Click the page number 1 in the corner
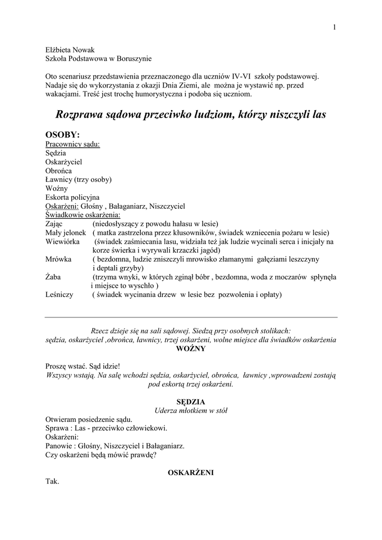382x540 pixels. [x=335, y=27]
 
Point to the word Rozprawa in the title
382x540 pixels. [x=82, y=114]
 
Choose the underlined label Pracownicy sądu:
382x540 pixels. [x=73, y=143]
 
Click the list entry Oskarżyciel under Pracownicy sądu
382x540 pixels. [x=64, y=162]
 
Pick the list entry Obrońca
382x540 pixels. [x=59, y=171]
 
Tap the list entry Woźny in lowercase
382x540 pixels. [x=56, y=188]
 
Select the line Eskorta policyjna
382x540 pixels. [x=72, y=197]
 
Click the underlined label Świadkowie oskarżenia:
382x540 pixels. [x=83, y=215]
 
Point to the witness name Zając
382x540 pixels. [x=54, y=224]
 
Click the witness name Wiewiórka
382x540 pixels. [x=62, y=242]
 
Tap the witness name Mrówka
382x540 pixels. [x=58, y=259]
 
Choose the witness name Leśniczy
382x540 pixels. [x=60, y=295]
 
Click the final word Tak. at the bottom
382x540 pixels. [x=52, y=481]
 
